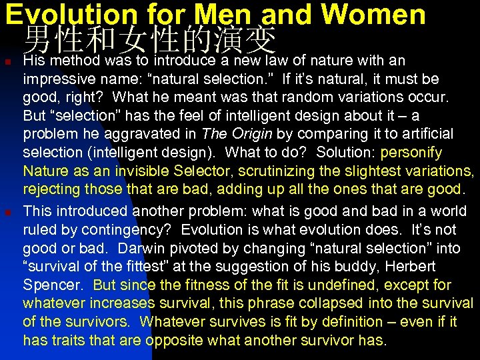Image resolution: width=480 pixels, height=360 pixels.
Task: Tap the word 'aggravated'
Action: coord(144,134)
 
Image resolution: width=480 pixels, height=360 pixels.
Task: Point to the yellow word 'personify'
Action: coord(413,153)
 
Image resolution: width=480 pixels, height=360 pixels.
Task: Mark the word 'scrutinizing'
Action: coord(311,171)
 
